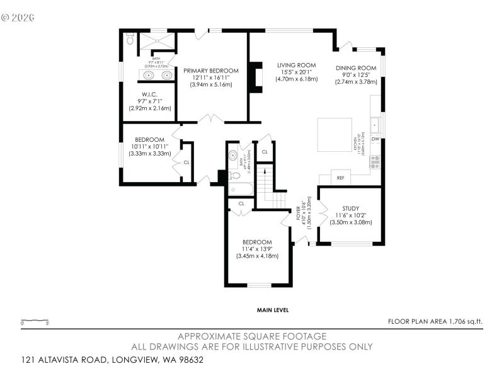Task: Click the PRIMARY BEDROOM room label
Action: pyautogui.click(x=211, y=71)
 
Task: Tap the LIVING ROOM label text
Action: pyautogui.click(x=296, y=65)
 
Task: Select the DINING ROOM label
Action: pyautogui.click(x=356, y=68)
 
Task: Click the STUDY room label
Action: pyautogui.click(x=350, y=209)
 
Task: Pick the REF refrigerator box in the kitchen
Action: pyautogui.click(x=340, y=178)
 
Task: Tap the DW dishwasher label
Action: pyautogui.click(x=375, y=139)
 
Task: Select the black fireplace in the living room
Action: pyautogui.click(x=255, y=77)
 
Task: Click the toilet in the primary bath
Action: pyautogui.click(x=130, y=39)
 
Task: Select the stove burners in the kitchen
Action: pyautogui.click(x=375, y=162)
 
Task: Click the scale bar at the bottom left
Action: pyautogui.click(x=35, y=320)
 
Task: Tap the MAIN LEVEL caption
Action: pyautogui.click(x=272, y=310)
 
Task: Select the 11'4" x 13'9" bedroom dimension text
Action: pyautogui.click(x=257, y=249)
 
